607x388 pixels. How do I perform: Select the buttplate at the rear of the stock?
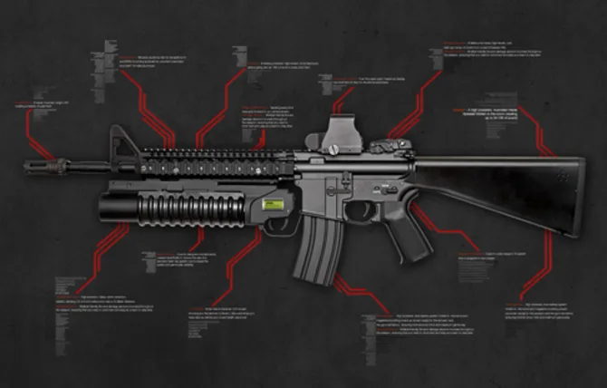click(x=577, y=199)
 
